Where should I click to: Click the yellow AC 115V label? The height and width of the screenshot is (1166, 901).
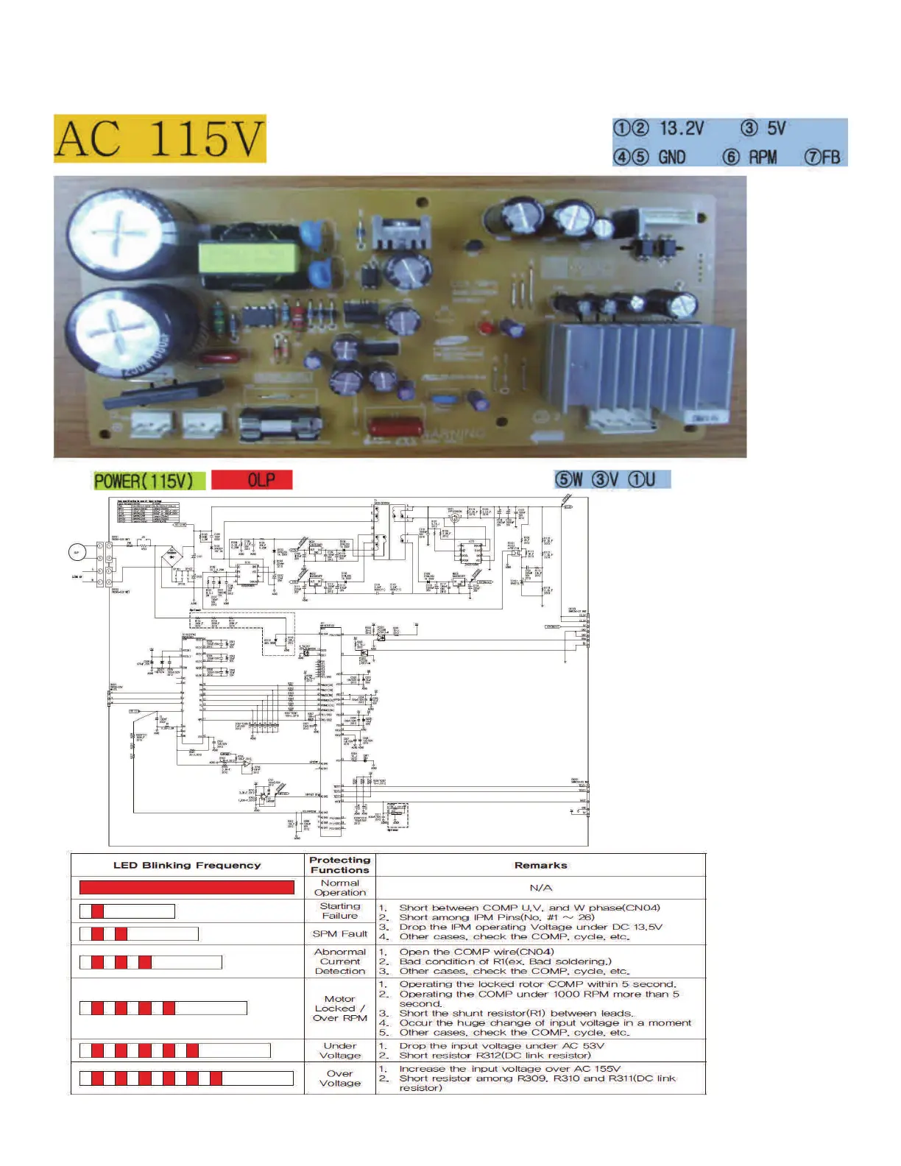[160, 138]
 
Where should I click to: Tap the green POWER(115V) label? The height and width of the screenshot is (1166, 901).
[144, 481]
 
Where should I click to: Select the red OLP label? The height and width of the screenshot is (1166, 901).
[252, 481]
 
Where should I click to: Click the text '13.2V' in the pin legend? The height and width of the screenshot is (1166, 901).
[682, 129]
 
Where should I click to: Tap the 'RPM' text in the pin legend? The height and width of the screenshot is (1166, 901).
[763, 157]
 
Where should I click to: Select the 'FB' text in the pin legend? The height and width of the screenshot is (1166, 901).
[830, 157]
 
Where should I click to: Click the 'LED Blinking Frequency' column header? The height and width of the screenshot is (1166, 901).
[187, 865]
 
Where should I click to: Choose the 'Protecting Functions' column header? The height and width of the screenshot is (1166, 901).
[339, 865]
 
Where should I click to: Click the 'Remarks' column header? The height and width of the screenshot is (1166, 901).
[540, 865]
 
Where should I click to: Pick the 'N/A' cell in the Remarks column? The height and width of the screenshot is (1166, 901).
[540, 888]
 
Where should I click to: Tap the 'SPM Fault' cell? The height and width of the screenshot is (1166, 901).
[339, 933]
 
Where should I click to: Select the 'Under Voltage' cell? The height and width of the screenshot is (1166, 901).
[339, 1050]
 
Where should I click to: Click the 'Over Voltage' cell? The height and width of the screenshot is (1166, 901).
[339, 1078]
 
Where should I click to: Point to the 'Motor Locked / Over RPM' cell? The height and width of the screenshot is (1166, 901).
[339, 1008]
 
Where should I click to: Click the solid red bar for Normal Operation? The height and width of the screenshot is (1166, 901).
[187, 887]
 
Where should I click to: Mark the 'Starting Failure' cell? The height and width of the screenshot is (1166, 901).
[339, 911]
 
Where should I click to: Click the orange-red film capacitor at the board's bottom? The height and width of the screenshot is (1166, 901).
[395, 428]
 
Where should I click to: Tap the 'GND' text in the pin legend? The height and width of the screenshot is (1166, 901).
[671, 157]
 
